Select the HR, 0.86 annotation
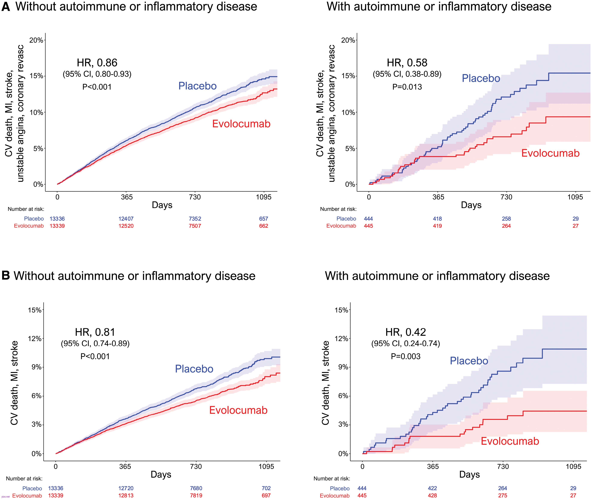pos(97,63)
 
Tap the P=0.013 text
pos(407,87)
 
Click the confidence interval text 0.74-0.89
pos(95,343)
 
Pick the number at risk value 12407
pos(126,219)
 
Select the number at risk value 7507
pos(195,226)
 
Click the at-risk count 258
pos(506,219)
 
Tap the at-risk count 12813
pos(126,495)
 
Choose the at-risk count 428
pos(432,495)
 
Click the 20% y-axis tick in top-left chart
pos(36,40)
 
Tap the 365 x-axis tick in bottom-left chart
pos(125,466)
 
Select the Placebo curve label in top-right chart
pos(481,78)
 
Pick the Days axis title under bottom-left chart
pos(161,474)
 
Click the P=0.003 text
pos(406,356)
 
